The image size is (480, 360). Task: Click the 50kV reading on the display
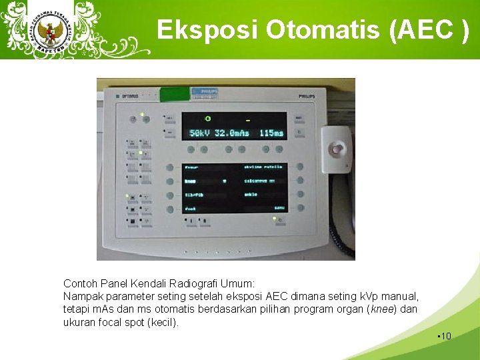pos(199,133)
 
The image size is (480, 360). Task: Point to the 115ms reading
pos(271,133)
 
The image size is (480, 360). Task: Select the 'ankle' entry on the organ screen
pos(251,195)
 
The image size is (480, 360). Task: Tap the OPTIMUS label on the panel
pos(130,97)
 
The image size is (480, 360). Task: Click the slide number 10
pos(445,335)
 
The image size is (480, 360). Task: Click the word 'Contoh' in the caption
pos(79,283)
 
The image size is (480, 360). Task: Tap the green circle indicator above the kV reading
pos(208,119)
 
